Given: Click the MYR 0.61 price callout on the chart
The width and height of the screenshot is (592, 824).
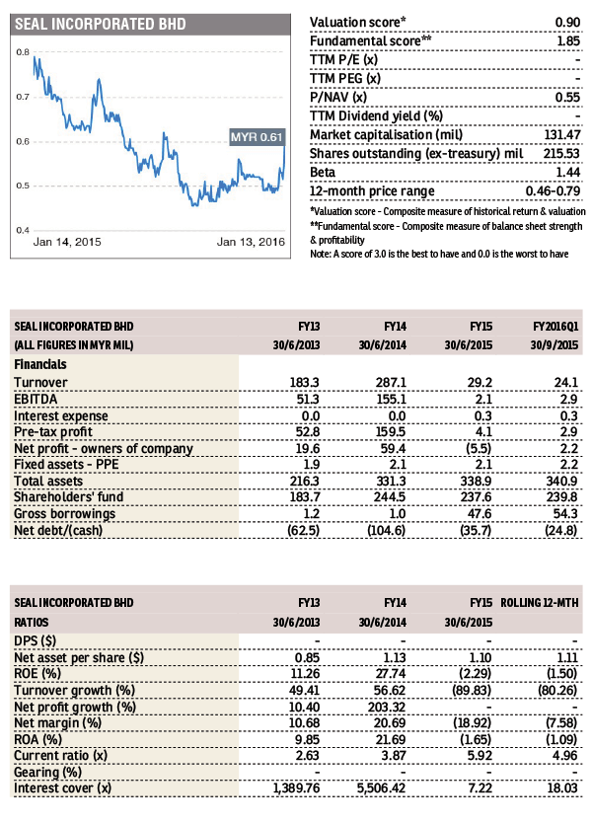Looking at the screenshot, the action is (257, 137).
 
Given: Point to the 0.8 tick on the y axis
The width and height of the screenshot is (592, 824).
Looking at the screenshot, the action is (23, 52).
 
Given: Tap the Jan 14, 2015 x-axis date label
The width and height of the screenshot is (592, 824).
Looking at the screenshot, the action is (67, 242).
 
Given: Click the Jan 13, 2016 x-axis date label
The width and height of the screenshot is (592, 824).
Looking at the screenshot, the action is (251, 242).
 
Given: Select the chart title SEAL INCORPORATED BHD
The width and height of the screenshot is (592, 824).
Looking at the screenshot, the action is (101, 24).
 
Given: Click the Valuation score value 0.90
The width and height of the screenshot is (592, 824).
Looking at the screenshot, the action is (567, 22).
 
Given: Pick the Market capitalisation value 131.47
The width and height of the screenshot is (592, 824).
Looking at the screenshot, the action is (562, 134).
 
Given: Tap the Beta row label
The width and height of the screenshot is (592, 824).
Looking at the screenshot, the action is (323, 172).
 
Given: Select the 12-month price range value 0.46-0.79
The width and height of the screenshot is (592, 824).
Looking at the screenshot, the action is (553, 190).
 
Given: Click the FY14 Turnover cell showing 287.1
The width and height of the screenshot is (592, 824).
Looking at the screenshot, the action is (391, 382).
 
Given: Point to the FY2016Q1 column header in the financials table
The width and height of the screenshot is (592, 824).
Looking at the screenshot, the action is (555, 327).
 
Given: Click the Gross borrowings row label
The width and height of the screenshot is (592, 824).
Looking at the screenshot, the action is (64, 513).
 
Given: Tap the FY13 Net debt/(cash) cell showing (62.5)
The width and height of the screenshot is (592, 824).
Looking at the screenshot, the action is (304, 530).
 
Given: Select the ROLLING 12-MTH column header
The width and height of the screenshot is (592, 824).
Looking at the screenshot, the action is (540, 603).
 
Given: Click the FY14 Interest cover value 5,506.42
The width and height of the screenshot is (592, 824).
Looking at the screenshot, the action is (381, 787).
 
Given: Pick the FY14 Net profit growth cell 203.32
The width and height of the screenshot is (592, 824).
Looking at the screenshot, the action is (387, 707).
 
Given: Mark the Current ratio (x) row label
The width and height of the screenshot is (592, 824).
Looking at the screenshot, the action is (60, 755).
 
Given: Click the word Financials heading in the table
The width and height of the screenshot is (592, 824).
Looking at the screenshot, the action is (40, 364).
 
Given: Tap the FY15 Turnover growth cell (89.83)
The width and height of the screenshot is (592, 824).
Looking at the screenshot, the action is (472, 690).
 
